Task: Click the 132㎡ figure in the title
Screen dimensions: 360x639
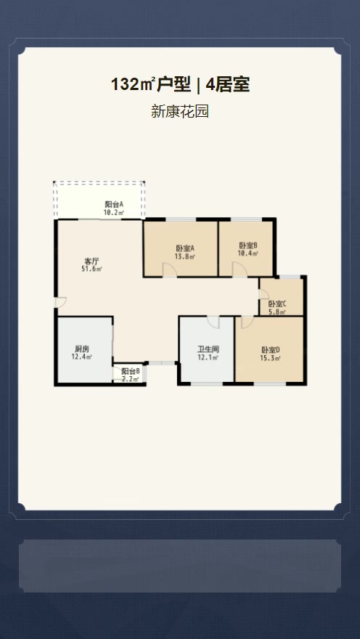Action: (134, 85)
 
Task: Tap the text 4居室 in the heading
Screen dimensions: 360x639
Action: (228, 85)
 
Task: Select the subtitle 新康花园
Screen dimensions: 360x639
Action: (180, 111)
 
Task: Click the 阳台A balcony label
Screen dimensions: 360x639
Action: (114, 204)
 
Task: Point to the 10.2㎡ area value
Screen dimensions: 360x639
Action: (114, 212)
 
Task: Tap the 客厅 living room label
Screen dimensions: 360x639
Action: (91, 261)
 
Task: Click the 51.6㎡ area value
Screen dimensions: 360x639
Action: (91, 269)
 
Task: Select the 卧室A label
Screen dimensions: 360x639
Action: (185, 248)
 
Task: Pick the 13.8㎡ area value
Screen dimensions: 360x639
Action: (185, 256)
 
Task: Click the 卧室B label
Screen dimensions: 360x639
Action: (248, 245)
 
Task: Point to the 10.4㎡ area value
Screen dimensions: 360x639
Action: (248, 253)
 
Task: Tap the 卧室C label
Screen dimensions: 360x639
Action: (277, 304)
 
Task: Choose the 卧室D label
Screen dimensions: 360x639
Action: (271, 350)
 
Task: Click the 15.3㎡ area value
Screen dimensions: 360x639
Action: (271, 358)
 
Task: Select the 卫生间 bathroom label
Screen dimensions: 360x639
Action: (208, 349)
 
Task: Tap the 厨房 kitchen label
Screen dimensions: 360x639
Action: (82, 349)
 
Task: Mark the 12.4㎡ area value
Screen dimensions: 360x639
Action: (82, 357)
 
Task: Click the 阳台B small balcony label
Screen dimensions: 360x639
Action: (131, 371)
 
